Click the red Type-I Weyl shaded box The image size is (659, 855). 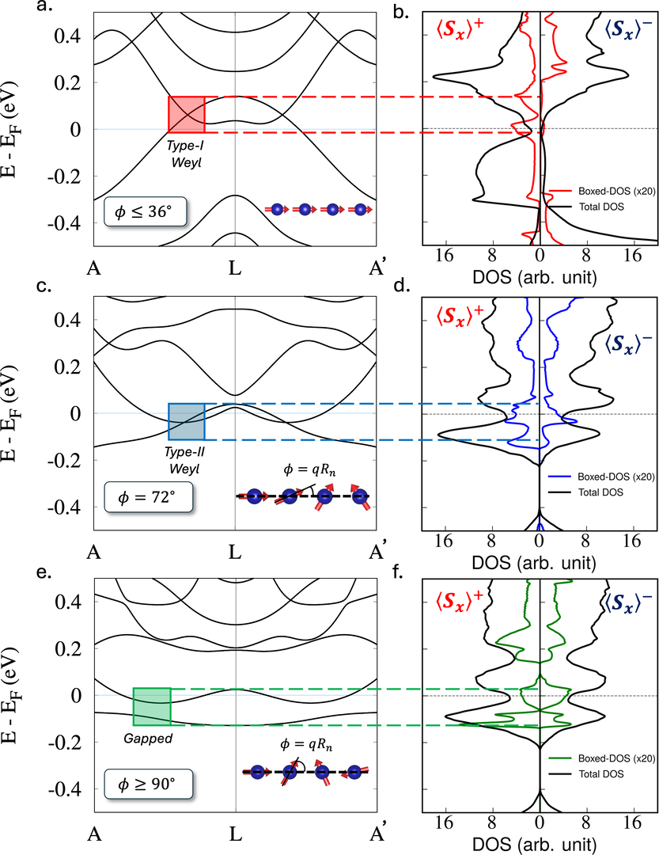point(187,113)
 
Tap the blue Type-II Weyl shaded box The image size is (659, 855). point(187,421)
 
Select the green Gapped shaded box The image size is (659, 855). point(151,706)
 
